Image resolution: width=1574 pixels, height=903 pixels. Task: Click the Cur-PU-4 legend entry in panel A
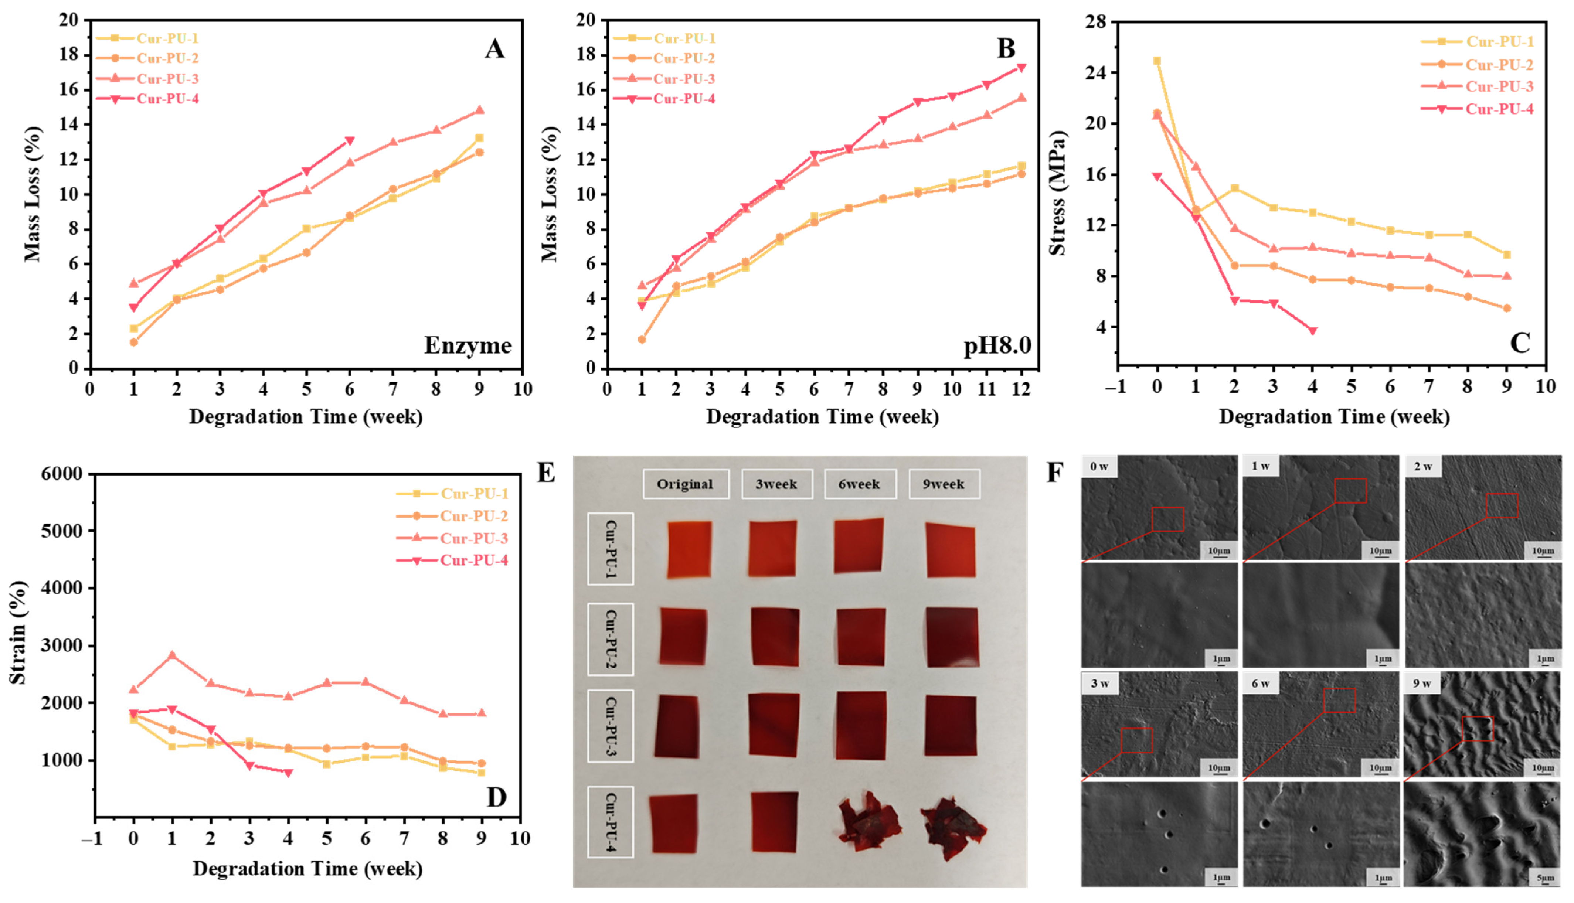[147, 99]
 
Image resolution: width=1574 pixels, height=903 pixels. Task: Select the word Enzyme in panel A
[468, 345]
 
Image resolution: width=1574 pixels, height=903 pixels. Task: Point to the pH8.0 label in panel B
[997, 345]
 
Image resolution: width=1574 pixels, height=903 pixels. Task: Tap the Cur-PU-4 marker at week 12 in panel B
[1021, 68]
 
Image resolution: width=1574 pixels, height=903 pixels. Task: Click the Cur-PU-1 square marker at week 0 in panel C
[1157, 61]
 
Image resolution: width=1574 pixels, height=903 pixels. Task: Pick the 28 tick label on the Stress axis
[1096, 22]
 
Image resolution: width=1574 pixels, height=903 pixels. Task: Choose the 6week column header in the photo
[860, 484]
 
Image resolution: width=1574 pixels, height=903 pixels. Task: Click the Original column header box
[685, 484]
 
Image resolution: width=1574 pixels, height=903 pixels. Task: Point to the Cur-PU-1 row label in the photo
[610, 549]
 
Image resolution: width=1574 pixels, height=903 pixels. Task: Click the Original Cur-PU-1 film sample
[690, 549]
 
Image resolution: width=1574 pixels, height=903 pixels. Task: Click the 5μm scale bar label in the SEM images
[1546, 878]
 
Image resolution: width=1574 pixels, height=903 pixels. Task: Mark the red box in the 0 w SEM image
[1168, 519]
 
